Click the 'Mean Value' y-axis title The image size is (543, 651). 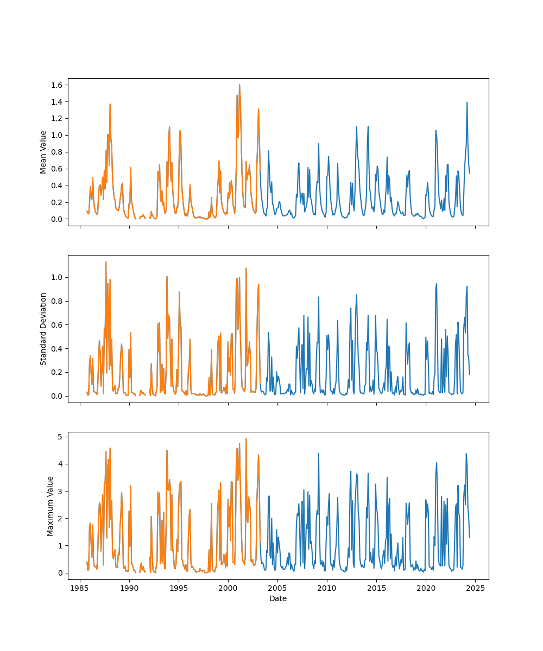coord(43,152)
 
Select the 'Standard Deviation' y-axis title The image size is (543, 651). coord(43,329)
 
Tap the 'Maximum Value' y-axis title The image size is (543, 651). coord(50,506)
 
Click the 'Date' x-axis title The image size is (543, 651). coord(278,598)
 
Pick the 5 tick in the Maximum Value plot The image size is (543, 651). coord(61,437)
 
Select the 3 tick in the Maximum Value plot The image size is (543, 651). coord(61,491)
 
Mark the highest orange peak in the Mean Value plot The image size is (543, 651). coord(239,85)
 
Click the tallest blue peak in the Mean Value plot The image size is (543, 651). coord(466,102)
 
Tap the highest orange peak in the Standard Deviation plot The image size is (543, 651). coord(106,262)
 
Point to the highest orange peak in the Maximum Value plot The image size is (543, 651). coord(246,439)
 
